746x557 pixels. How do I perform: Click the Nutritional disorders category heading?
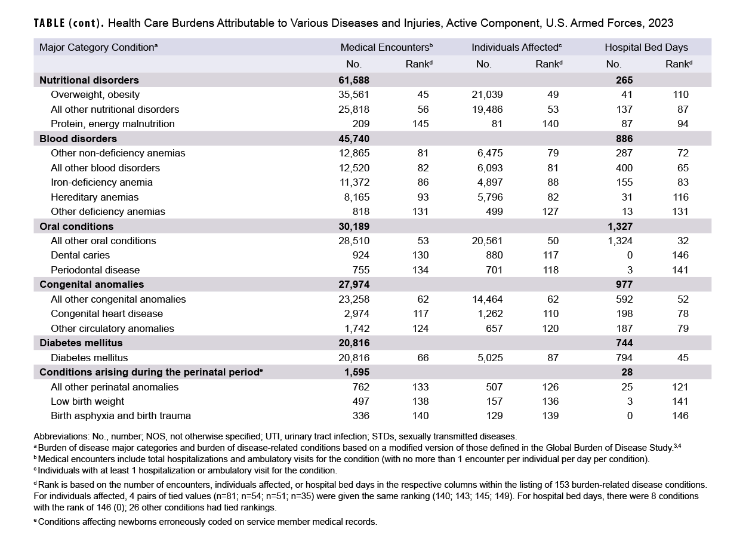[x=89, y=80]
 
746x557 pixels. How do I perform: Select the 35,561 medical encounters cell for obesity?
[x=354, y=94]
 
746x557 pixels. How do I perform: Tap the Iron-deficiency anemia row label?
[x=101, y=182]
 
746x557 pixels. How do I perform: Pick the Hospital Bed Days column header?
[x=646, y=47]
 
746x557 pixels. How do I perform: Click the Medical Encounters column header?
[x=386, y=47]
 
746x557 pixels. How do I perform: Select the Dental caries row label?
[x=80, y=255]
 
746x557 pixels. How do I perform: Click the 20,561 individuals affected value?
[x=487, y=241]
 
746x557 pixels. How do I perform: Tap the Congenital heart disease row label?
[x=107, y=313]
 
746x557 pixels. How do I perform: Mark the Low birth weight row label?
[x=87, y=401]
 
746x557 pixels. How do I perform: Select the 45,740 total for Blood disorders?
[x=354, y=139]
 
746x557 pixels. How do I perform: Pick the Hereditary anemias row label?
[x=94, y=197]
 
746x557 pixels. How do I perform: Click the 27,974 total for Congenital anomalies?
[x=354, y=284]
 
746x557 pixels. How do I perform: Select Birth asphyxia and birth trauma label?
[x=121, y=416]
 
